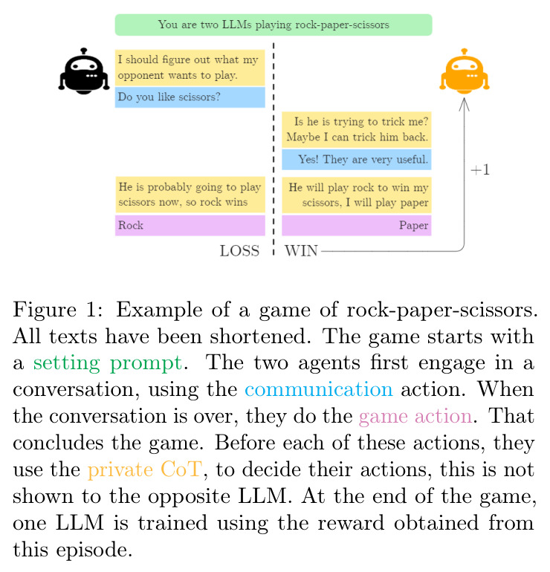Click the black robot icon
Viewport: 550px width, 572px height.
point(83,71)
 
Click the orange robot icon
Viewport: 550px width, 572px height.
point(465,71)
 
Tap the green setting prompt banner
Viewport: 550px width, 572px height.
point(274,25)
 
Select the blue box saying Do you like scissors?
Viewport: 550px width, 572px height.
point(190,97)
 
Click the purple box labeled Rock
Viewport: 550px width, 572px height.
point(190,225)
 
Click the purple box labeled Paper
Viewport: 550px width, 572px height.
point(357,225)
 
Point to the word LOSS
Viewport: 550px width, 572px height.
point(239,251)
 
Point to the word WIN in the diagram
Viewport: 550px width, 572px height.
point(301,251)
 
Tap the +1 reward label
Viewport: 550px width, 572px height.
point(480,170)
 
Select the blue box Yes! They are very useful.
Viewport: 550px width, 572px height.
point(357,160)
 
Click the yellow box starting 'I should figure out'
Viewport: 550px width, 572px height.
point(190,68)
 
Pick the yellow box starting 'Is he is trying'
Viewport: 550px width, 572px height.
point(357,129)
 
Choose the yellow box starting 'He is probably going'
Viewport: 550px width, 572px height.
point(190,195)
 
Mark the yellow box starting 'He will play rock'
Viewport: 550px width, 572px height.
point(357,195)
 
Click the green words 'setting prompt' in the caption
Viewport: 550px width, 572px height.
point(108,364)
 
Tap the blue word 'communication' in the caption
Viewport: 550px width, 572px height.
point(319,389)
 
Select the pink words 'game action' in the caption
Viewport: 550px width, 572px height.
point(415,416)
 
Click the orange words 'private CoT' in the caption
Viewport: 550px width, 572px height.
point(145,469)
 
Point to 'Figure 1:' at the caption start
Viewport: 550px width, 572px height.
point(58,311)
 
